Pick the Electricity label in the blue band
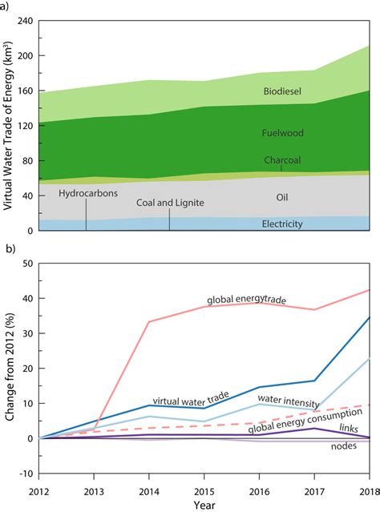(x=282, y=224)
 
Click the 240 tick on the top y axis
(x=23, y=21)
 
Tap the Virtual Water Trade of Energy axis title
(x=7, y=126)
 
